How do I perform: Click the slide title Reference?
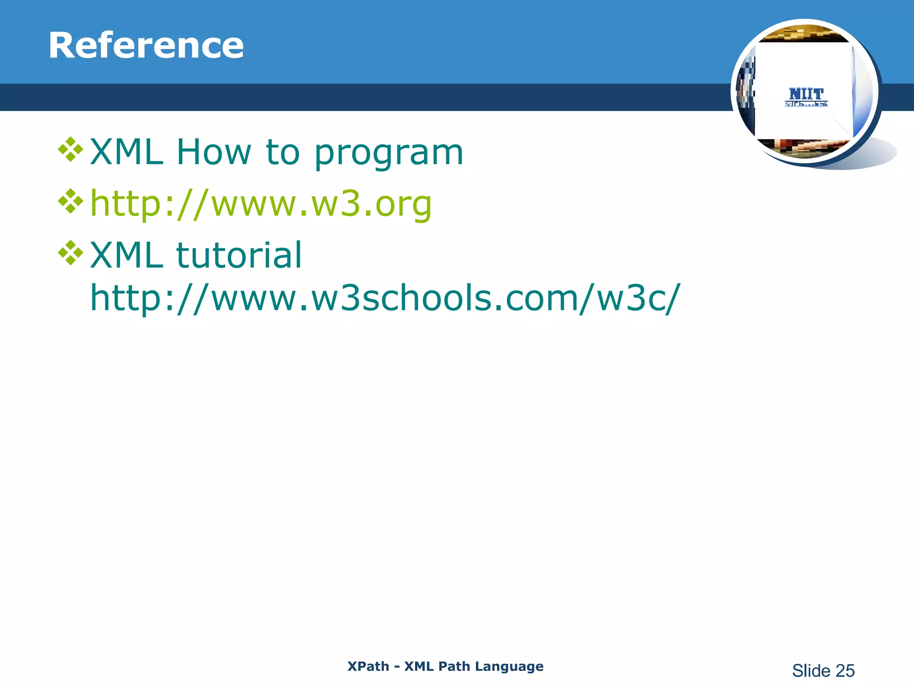click(x=146, y=45)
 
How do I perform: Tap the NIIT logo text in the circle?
click(x=806, y=95)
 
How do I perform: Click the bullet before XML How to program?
click(x=71, y=149)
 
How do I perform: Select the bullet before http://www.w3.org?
click(x=71, y=201)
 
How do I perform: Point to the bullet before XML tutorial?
click(x=71, y=253)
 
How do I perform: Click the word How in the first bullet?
click(x=214, y=152)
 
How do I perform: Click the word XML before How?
click(x=126, y=152)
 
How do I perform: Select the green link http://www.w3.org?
click(x=261, y=204)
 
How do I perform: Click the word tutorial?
click(x=239, y=255)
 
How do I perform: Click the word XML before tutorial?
click(x=126, y=255)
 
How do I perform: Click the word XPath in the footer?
click(x=368, y=666)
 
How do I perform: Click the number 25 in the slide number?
click(x=845, y=671)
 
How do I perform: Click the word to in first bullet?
click(x=283, y=152)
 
